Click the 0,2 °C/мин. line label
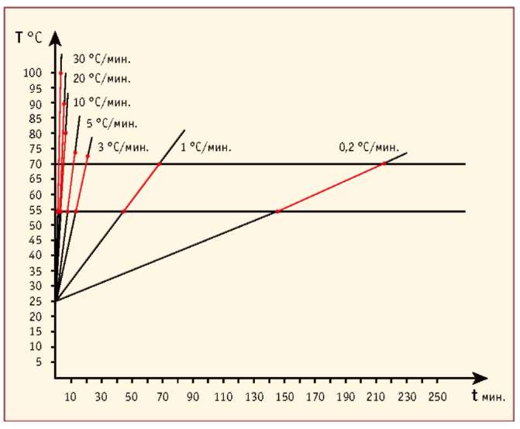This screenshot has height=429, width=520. [369, 146]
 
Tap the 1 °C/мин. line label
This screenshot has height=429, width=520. [206, 146]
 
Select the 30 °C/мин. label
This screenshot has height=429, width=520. [102, 59]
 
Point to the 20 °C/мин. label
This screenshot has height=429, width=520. [102, 78]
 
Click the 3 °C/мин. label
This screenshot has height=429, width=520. [123, 146]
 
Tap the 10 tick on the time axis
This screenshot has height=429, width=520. [71, 397]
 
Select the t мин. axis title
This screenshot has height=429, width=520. [487, 396]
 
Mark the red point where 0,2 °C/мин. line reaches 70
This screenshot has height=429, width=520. [384, 163]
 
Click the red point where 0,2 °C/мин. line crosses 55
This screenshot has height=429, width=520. [277, 211]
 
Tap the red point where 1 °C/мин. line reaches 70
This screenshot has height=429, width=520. [160, 163]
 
